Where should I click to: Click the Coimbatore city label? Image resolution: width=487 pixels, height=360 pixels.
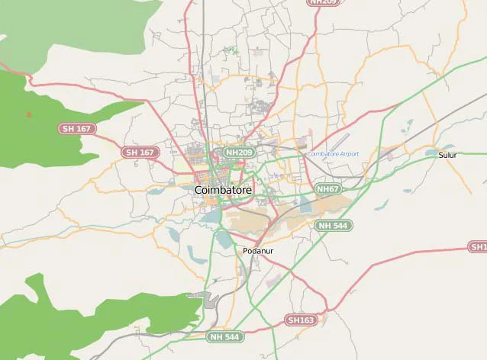(223, 189)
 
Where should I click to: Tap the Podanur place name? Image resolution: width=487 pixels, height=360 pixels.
(257, 250)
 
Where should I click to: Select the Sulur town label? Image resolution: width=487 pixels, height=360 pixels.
(447, 155)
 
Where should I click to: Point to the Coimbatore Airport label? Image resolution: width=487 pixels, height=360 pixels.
(333, 154)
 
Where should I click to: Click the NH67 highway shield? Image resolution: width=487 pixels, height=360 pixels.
(327, 188)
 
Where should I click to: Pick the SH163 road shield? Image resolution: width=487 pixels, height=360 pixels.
(300, 320)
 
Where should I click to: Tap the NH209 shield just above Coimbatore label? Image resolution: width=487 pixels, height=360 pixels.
(239, 153)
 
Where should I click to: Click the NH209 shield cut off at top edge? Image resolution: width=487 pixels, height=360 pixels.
(323, 2)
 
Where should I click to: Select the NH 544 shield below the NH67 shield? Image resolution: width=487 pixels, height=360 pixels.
(334, 225)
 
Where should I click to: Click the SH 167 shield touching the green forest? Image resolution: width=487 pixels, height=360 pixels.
(75, 128)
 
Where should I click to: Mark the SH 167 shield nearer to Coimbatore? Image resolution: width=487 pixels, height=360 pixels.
(139, 153)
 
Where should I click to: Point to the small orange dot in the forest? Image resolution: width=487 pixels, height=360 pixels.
(29, 114)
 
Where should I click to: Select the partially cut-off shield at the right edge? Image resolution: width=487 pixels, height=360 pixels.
(478, 247)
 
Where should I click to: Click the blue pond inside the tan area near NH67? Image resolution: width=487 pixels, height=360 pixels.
(305, 204)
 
